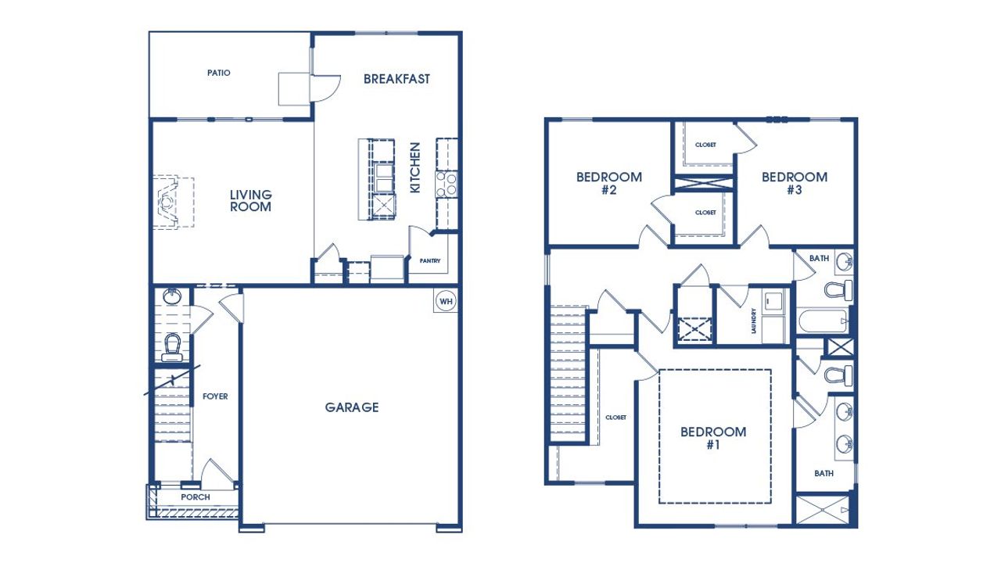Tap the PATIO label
(x=219, y=73)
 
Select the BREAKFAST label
(x=396, y=79)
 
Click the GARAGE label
(x=352, y=407)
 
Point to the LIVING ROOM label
(x=251, y=201)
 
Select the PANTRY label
(x=430, y=261)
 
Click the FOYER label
(x=215, y=396)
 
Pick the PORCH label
(x=196, y=497)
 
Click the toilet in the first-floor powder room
(x=172, y=346)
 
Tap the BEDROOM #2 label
(x=609, y=183)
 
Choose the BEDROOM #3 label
(x=795, y=183)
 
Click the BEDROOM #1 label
(x=713, y=438)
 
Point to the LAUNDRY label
(x=753, y=321)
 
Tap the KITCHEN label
(x=415, y=167)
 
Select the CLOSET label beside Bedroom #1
(x=616, y=418)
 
